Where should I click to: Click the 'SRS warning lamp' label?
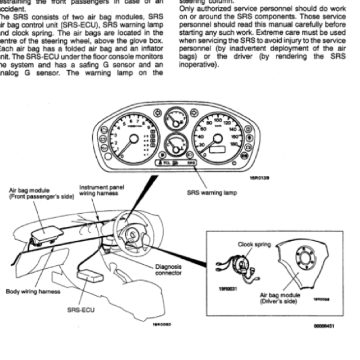(212, 192)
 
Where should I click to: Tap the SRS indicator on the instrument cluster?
(191, 163)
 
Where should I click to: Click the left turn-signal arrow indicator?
(157, 113)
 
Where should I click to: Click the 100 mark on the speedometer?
(218, 120)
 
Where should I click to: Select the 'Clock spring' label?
(254, 245)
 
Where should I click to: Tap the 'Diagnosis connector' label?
(168, 270)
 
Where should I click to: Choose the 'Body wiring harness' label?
(33, 291)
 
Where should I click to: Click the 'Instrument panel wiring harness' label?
(102, 190)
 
